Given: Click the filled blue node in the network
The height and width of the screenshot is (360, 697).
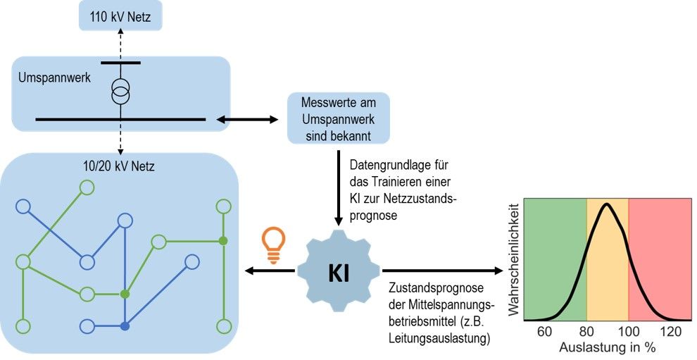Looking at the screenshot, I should pos(125,326).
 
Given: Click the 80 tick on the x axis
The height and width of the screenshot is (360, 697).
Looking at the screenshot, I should pos(586,331).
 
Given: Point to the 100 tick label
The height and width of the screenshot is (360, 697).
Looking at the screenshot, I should pos(628,331).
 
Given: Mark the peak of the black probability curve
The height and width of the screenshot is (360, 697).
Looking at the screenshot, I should pos(606,206).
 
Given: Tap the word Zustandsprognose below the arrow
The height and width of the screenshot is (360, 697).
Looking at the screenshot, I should pos(429,290).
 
